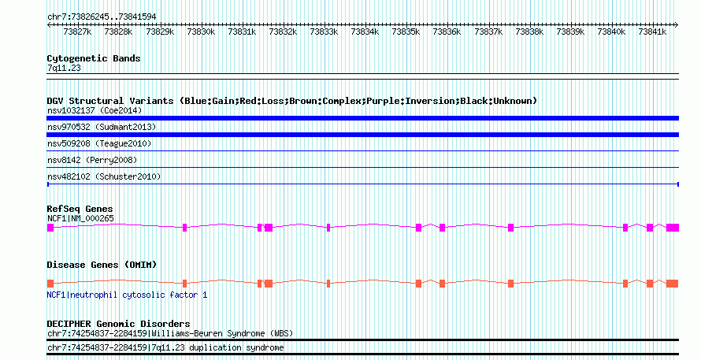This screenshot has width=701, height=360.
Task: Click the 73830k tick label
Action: click(201, 32)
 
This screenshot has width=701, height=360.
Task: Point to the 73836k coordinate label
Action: click(447, 32)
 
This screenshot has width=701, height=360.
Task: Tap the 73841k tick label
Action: click(652, 32)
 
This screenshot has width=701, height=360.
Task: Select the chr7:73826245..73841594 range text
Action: click(102, 17)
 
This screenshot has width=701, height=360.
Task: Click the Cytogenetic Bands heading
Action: click(94, 58)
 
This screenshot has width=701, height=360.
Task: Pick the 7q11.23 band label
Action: click(64, 68)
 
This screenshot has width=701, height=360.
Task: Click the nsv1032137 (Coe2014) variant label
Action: click(95, 110)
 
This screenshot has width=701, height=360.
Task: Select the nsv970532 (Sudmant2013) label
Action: click(102, 127)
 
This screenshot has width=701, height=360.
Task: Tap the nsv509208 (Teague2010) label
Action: click(99, 143)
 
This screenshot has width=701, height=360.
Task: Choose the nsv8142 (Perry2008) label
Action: click(92, 160)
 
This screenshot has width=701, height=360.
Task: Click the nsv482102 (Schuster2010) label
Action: click(104, 176)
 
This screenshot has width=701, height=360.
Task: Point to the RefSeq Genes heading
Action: click(80, 209)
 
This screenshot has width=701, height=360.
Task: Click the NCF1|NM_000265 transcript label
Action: click(80, 219)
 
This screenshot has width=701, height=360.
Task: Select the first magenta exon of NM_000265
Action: click(50, 228)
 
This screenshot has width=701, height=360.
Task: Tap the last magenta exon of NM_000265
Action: click(673, 228)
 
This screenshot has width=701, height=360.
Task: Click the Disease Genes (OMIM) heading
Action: click(102, 265)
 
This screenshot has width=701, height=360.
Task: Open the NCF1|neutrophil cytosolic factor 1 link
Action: click(127, 295)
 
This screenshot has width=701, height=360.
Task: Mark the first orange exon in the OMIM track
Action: click(50, 284)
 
